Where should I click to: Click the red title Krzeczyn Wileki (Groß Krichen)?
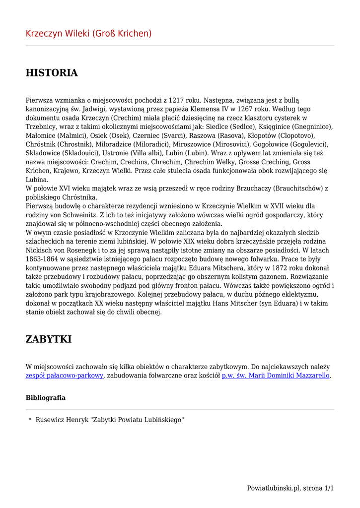(x=88, y=34)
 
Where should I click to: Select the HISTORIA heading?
(x=52, y=73)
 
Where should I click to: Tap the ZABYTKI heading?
(x=49, y=339)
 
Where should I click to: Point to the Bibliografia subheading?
(x=46, y=398)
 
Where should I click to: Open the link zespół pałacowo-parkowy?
(x=65, y=376)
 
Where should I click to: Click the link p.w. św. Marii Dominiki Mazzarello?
(x=276, y=376)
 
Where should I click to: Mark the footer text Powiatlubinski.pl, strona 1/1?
(x=290, y=488)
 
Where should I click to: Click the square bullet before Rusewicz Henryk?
(x=30, y=419)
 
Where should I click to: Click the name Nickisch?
(x=42, y=251)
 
